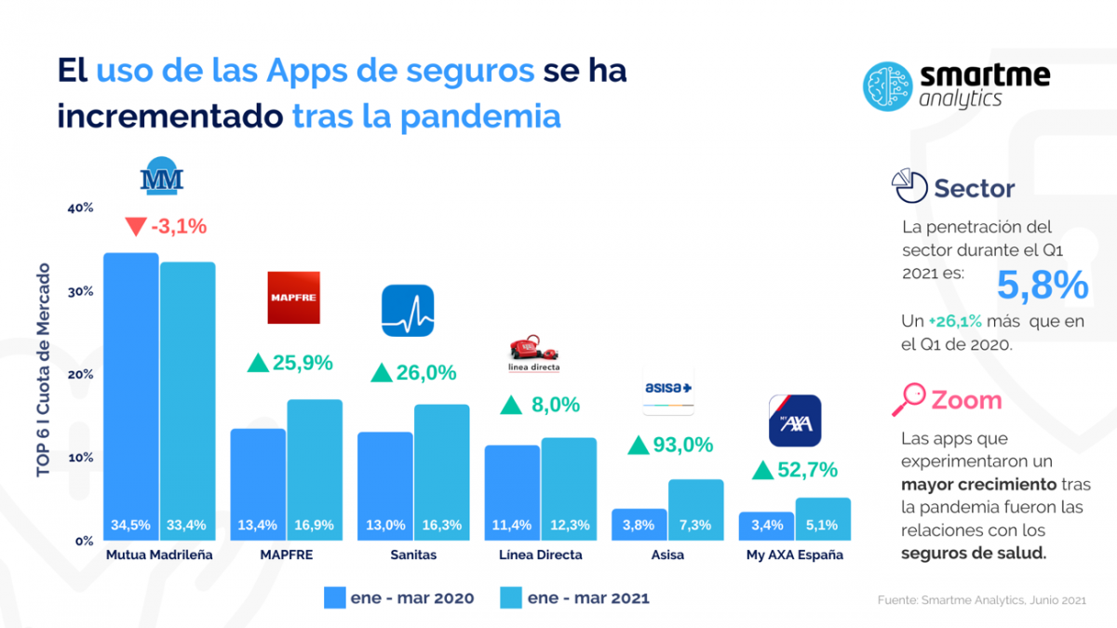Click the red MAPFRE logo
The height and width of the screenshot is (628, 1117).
tap(293, 298)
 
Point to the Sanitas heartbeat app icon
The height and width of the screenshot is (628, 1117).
tap(408, 311)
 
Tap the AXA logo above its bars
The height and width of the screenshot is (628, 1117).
tap(794, 421)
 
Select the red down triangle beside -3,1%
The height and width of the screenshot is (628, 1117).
tap(135, 226)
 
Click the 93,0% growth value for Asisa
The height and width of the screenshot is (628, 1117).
tap(682, 445)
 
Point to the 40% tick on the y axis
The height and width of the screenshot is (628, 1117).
tap(81, 207)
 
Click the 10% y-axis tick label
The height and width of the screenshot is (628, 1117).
tap(81, 458)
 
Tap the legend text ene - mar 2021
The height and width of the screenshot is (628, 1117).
tap(588, 597)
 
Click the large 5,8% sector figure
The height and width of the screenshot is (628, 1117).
tap(1043, 286)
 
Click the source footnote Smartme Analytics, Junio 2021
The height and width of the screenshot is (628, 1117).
tap(981, 600)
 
